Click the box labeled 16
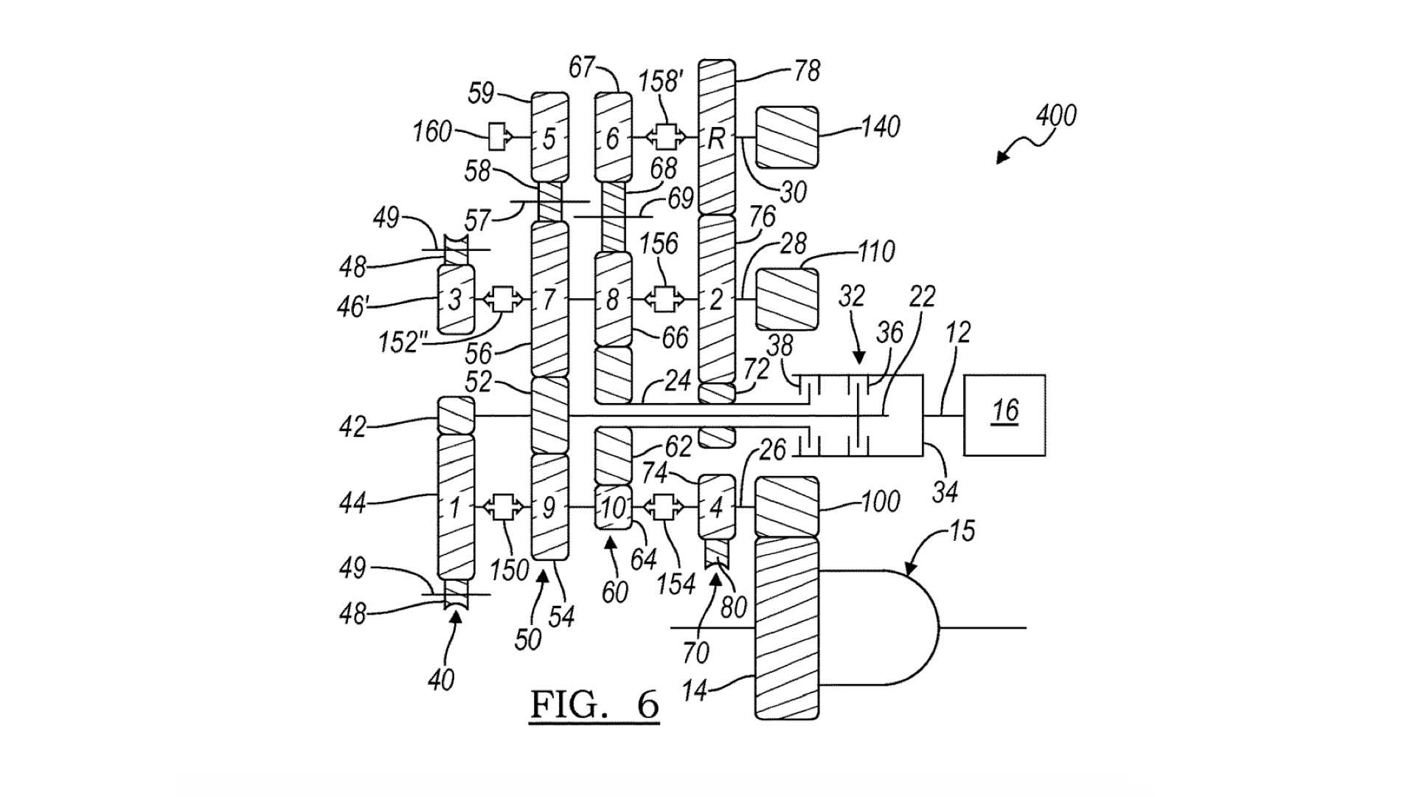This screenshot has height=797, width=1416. tap(1004, 415)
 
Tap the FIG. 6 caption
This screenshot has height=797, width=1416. tap(594, 705)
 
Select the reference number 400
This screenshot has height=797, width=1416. tap(1055, 116)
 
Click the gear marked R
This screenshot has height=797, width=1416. tap(716, 138)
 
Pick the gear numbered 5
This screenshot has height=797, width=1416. tap(550, 138)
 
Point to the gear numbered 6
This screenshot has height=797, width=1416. tap(614, 138)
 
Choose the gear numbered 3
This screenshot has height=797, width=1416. tap(456, 300)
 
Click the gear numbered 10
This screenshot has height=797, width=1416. tap(614, 507)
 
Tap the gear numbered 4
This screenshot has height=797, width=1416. tap(716, 507)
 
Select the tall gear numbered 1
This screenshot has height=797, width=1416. tap(456, 507)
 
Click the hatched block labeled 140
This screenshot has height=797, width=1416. tap(787, 137)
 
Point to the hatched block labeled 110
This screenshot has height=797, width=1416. tap(787, 300)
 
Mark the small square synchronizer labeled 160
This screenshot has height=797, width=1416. tap(499, 137)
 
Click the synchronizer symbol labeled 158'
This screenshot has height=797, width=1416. tap(666, 137)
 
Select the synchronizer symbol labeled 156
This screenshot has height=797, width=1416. tap(666, 300)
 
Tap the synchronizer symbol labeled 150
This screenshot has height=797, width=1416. tap(504, 507)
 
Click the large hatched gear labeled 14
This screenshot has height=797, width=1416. tap(787, 627)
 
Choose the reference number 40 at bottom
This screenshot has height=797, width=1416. tap(441, 680)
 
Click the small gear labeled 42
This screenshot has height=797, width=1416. tap(456, 415)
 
